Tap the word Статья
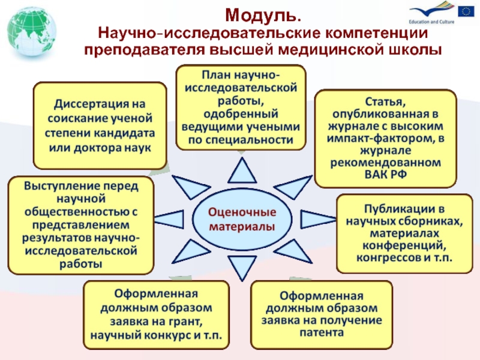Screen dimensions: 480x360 click(385, 100)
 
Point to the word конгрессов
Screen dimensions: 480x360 click(380, 258)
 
